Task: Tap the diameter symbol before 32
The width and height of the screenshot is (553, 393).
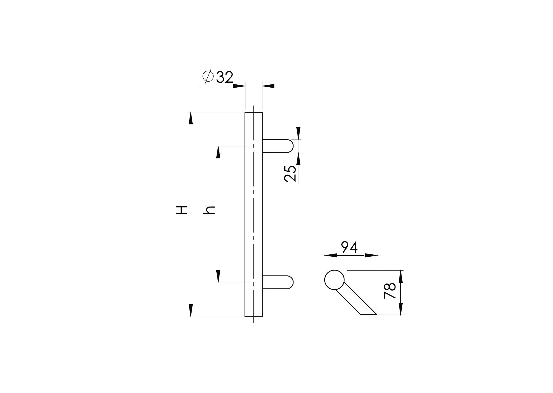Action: (x=208, y=77)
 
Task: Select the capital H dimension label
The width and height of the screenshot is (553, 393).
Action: (x=182, y=210)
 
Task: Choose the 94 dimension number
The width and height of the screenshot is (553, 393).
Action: (x=349, y=247)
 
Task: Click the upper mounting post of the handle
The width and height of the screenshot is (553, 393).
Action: (x=278, y=146)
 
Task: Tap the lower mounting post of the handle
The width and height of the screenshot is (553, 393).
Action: (x=278, y=282)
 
